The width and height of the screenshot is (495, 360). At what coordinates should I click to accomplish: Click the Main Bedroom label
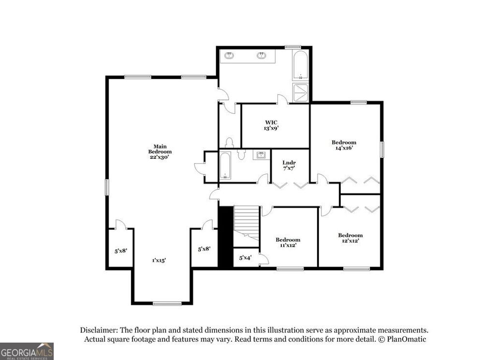click(x=160, y=149)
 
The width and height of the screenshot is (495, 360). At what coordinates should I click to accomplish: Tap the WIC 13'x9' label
click(x=271, y=125)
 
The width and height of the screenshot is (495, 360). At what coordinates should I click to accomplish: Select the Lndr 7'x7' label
click(x=289, y=165)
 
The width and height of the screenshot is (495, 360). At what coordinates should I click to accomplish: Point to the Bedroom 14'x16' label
click(x=344, y=145)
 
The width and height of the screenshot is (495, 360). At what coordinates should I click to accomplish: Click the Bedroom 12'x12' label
click(x=350, y=238)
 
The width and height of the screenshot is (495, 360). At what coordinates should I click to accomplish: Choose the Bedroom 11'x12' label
click(x=288, y=242)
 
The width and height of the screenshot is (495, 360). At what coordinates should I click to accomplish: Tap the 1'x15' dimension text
click(x=159, y=260)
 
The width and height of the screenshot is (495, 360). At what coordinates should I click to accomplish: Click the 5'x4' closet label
click(x=246, y=258)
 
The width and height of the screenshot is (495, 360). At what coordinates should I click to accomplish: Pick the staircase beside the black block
click(x=247, y=223)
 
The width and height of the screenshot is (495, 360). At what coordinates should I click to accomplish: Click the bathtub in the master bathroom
click(x=301, y=66)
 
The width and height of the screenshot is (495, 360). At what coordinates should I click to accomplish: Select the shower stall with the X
click(x=301, y=92)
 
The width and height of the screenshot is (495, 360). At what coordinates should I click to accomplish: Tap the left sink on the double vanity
click(x=229, y=56)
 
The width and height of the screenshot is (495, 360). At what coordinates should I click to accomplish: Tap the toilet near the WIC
click(x=230, y=143)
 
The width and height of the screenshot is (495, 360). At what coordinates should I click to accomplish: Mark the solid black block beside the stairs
click(x=225, y=237)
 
